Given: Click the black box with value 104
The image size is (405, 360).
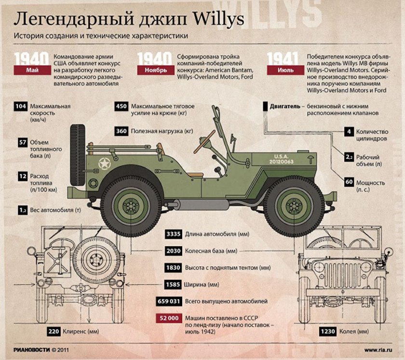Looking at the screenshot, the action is pos(21,106).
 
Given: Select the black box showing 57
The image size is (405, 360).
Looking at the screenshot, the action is pos(22,142).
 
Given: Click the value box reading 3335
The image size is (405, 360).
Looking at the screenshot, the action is pos(173,234).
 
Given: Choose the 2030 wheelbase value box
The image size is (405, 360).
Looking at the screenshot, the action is pos(173,251).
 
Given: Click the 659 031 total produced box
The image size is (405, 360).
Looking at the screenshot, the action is pos(168,301).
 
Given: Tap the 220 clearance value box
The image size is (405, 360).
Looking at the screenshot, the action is pos(53,332).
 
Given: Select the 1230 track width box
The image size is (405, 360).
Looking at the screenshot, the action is pos(329,332).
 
